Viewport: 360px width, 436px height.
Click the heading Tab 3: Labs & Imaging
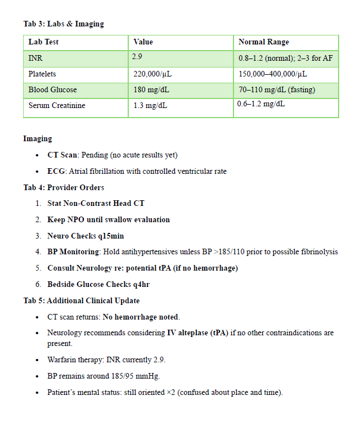[x=64, y=24]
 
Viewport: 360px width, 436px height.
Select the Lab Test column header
[x=43, y=42]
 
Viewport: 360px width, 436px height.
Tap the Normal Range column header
[x=263, y=42]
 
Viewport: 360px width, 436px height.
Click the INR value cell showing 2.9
[x=137, y=56]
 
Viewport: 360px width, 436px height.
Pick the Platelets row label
[x=42, y=74]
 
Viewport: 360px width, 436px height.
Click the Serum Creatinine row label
[x=56, y=105]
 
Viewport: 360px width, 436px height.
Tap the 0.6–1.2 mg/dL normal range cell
[x=260, y=104]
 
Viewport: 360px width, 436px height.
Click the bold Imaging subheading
[x=38, y=138]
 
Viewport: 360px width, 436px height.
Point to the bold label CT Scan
[x=62, y=155]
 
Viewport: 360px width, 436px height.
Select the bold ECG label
[x=56, y=171]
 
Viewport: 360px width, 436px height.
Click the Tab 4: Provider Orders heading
[x=64, y=187]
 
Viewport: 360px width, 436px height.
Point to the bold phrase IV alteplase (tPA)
[x=201, y=332]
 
